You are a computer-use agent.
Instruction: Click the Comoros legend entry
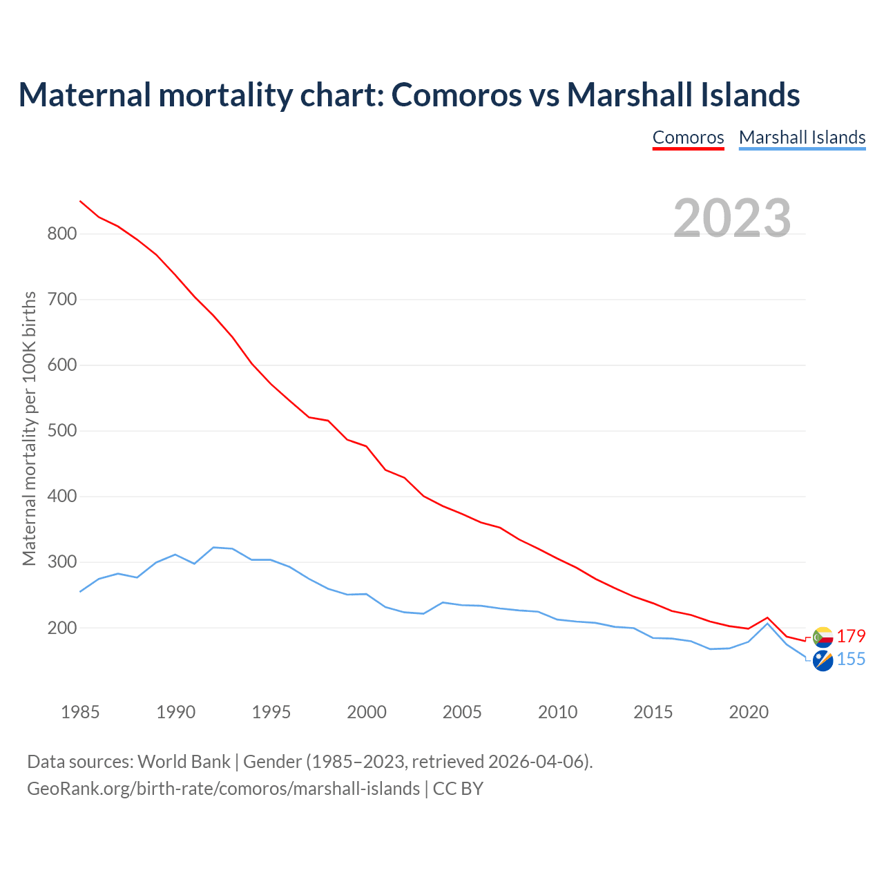pos(688,137)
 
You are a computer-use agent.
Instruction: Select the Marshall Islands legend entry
pos(802,137)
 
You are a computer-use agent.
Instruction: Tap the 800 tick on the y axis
pos(61,234)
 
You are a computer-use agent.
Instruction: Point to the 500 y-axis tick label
pos(61,431)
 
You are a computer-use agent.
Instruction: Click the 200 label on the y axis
pos(61,628)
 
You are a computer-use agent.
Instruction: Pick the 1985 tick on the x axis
pos(80,712)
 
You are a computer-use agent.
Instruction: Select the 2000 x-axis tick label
pos(367,712)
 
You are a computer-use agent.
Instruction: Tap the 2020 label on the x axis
pos(749,712)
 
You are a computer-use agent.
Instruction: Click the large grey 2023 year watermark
pos(732,218)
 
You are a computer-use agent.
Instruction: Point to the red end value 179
pos(851,636)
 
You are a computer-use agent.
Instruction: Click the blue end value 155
pos(851,660)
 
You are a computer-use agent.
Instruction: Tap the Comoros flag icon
pos(823,637)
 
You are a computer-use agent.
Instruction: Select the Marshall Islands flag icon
pos(823,660)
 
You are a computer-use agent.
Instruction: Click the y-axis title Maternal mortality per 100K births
pos(29,428)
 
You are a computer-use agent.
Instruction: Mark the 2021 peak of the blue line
pos(767,624)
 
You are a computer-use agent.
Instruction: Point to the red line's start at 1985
pos(80,201)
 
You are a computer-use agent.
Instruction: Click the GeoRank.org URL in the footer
pos(223,788)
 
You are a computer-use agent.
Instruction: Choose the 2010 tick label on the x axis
pos(557,712)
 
